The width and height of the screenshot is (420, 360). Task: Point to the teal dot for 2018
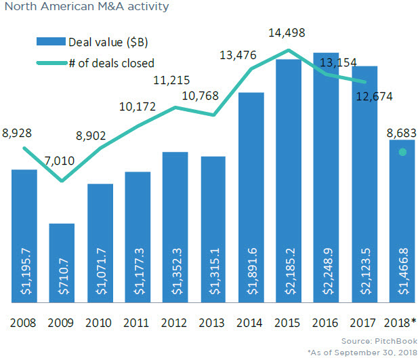coord(402,153)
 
